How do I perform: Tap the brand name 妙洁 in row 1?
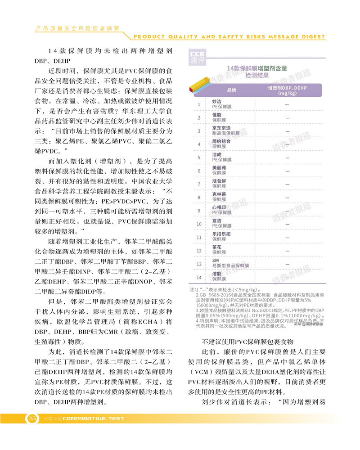coord(216,102)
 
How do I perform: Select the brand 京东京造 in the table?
coord(221,128)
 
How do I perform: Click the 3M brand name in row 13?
coord(215,261)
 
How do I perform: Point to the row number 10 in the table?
coord(198,224)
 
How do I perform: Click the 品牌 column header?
coord(231,90)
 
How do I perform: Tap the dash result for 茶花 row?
coord(287,250)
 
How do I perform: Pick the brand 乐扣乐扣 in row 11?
coord(221,234)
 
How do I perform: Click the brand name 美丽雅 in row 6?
coord(219,168)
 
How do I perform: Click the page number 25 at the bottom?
coord(32,418)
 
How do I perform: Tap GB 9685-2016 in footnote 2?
coord(212,295)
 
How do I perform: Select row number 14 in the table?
coord(198,277)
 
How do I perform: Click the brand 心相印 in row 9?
coord(219,208)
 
